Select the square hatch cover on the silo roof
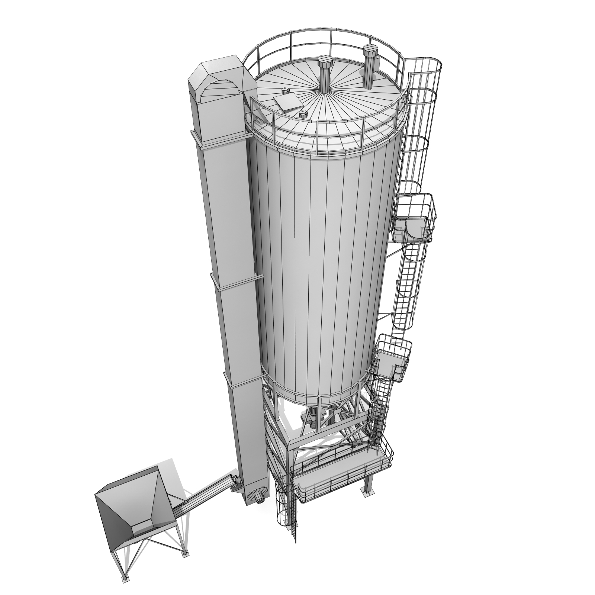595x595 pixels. point(285,102)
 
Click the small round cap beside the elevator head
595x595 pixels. point(285,90)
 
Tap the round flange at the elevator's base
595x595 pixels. point(256,495)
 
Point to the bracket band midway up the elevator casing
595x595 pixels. point(238,283)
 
